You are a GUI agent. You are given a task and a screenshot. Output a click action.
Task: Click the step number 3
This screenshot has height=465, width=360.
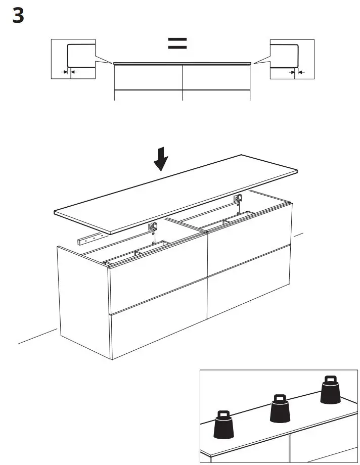tap(18, 17)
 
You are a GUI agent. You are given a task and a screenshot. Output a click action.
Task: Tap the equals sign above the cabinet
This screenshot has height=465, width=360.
tap(177, 43)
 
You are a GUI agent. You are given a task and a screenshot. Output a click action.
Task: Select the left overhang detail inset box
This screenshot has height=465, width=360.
tap(73, 59)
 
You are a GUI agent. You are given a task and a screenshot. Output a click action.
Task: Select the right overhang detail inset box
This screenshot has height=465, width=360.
tap(292, 59)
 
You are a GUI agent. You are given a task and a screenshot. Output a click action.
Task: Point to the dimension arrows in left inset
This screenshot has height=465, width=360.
tap(67, 73)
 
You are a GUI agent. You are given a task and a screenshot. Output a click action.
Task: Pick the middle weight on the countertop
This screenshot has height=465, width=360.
tap(280, 409)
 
